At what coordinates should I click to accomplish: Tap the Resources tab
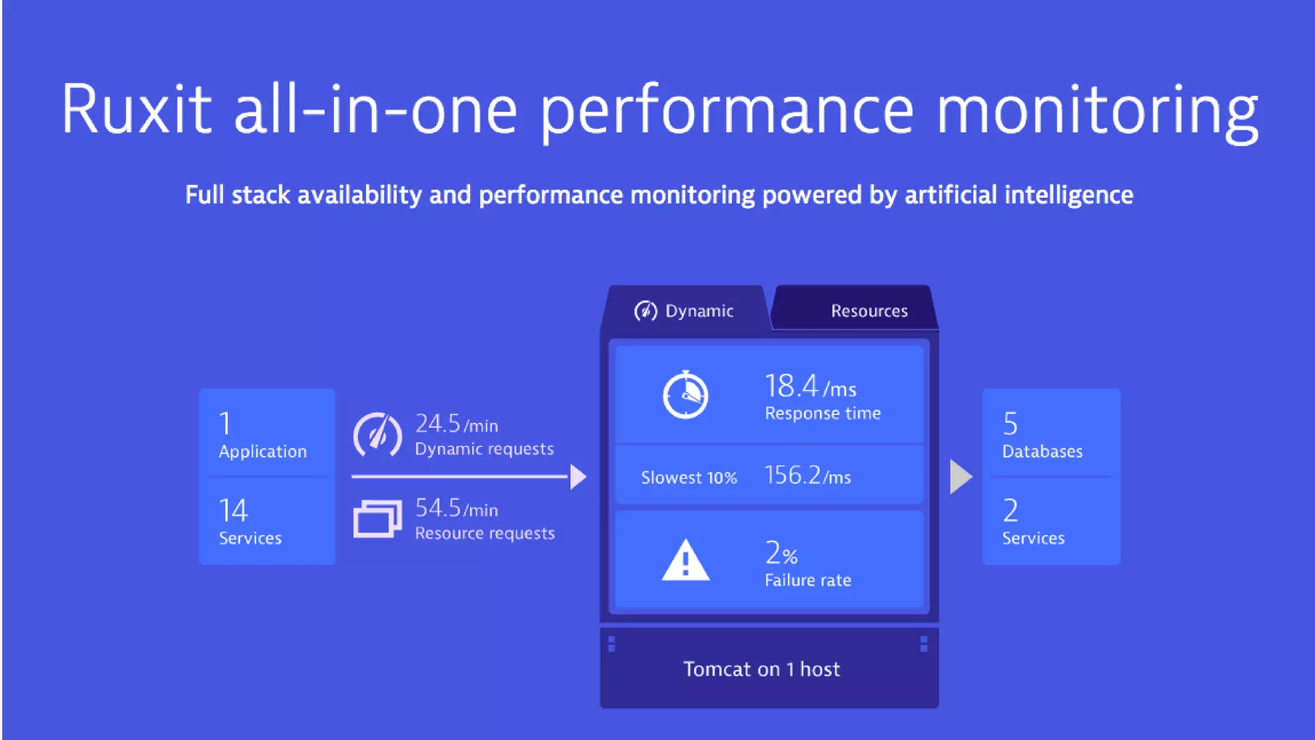point(869,311)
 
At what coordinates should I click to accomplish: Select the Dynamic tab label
point(699,311)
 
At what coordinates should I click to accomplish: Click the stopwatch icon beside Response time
point(685,395)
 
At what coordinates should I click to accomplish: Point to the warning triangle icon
point(685,560)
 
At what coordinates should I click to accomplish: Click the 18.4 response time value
point(792,387)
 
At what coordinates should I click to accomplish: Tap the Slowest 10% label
point(688,478)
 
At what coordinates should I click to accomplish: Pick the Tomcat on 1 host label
point(762,669)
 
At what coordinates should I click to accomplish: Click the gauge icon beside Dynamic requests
point(378,435)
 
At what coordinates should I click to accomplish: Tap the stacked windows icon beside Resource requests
point(378,518)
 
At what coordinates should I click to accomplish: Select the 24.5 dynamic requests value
point(438,424)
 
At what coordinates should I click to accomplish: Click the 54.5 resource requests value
point(438,508)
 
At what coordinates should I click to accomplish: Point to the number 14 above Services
point(233,511)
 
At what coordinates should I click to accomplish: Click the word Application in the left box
point(263,452)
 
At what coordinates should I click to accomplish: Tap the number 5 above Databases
point(1010,424)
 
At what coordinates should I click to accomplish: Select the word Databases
point(1042,452)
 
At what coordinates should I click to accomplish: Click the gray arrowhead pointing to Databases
point(961,477)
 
